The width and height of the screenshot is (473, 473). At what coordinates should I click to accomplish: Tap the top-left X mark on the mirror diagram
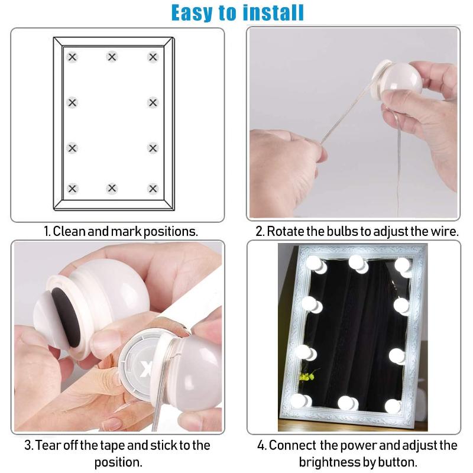(x=72, y=57)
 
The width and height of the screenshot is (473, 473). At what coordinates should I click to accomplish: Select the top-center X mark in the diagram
(x=112, y=57)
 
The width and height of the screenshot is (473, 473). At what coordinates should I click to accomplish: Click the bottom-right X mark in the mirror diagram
(x=153, y=189)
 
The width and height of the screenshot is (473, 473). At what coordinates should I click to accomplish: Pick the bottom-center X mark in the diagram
(x=112, y=189)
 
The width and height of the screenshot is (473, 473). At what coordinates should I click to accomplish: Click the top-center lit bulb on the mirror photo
(x=357, y=263)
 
